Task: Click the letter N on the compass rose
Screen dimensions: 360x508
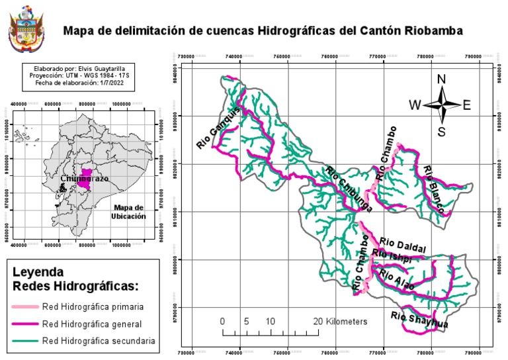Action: (442, 80)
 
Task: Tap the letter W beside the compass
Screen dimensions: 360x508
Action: (415, 105)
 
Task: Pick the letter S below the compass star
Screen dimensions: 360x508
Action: (442, 131)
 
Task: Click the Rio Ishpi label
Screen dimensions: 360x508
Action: (392, 256)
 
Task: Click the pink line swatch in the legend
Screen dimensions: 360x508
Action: (25, 307)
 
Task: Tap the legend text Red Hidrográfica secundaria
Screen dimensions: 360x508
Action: (98, 341)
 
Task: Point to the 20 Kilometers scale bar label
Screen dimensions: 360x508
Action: (340, 321)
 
